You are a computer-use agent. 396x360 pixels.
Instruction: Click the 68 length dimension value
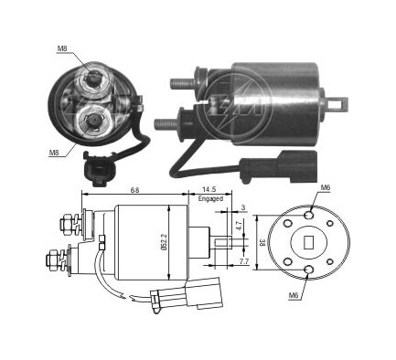(134, 190)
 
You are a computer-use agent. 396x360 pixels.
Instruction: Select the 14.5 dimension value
(209, 189)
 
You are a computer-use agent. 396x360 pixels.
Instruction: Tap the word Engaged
(210, 198)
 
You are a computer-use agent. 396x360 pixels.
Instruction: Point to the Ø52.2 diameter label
(164, 242)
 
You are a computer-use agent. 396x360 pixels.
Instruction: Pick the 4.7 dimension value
(240, 226)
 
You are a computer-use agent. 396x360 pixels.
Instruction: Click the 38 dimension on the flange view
(262, 242)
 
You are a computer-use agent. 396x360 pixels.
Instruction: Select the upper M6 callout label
(326, 188)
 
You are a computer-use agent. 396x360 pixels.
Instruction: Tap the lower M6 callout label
(293, 295)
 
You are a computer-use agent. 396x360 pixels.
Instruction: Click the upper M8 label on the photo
(62, 48)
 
